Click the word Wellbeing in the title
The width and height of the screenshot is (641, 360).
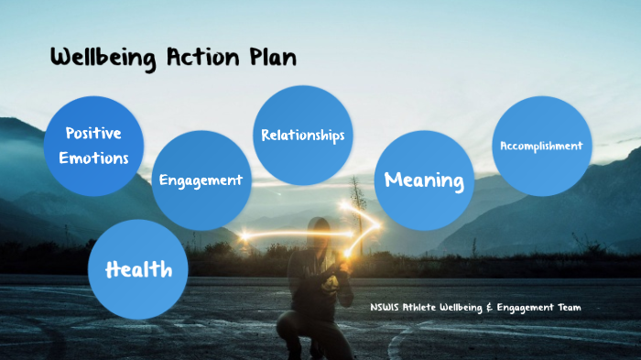(103, 59)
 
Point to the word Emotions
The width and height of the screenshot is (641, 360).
(93, 158)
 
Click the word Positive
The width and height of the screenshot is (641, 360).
(93, 134)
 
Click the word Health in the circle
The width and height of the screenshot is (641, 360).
(138, 269)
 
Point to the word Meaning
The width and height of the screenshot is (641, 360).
(424, 180)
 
